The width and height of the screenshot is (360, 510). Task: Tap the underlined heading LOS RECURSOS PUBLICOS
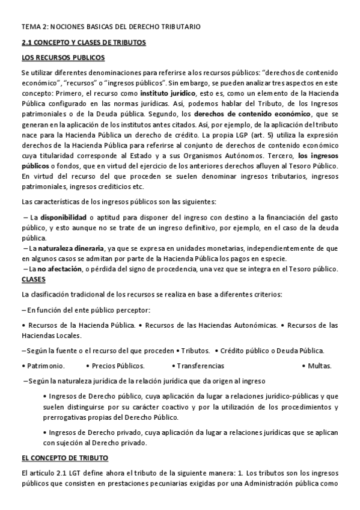63,58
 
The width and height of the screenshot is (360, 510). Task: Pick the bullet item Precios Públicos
118,365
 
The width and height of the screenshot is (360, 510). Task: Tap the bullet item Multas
319,365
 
